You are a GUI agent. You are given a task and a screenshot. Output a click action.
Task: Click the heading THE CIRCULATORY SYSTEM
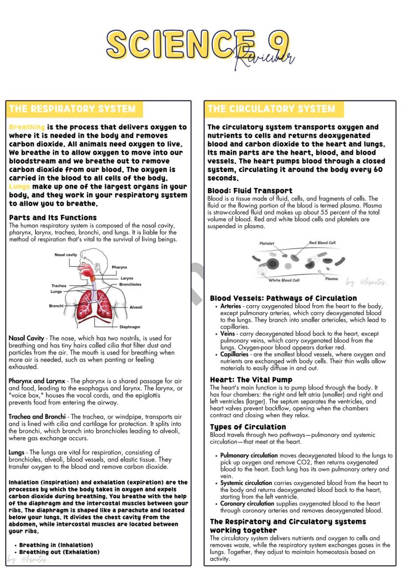click(271, 108)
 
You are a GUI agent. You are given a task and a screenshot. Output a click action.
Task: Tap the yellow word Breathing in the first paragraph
click(27, 127)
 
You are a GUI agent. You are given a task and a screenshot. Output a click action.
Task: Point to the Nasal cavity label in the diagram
click(65, 254)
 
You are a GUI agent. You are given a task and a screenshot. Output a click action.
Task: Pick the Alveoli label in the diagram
click(136, 307)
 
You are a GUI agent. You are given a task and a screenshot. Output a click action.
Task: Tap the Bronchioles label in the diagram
click(130, 284)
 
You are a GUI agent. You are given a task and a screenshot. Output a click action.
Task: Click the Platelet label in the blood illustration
click(266, 243)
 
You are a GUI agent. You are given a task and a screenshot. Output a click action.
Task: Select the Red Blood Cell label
click(322, 242)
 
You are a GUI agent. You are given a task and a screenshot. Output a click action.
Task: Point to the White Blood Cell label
click(284, 280)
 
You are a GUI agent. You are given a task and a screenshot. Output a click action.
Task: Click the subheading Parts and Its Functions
click(53, 217)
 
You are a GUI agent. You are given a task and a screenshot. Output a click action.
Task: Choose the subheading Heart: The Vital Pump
click(251, 379)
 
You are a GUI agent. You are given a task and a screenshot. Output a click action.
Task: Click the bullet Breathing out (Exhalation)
click(60, 552)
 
